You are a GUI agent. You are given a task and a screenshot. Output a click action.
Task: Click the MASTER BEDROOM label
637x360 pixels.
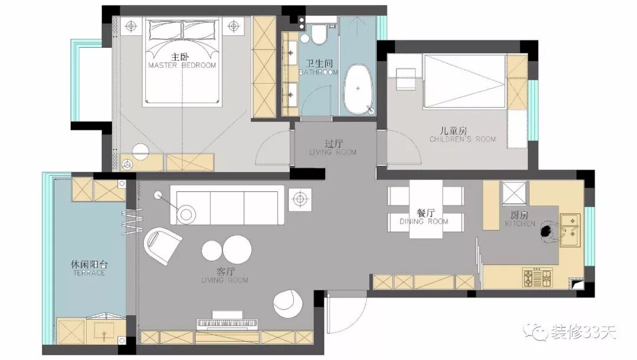(182, 66)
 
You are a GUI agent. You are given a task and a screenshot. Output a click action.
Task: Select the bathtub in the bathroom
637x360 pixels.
(359, 89)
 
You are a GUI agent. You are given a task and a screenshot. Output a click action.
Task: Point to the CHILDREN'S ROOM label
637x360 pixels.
(463, 139)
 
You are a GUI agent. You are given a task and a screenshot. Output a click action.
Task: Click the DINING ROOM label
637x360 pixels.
(424, 221)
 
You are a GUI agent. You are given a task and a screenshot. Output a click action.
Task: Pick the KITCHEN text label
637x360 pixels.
(520, 224)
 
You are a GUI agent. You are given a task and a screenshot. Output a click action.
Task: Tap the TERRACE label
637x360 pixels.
(89, 273)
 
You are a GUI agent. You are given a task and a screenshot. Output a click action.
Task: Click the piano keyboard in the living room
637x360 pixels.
(227, 323)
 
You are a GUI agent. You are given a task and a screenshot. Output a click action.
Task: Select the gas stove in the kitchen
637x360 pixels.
(537, 277)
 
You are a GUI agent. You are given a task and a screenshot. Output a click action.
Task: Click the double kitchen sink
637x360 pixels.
(570, 230)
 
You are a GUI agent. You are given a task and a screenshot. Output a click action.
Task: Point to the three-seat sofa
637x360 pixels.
(227, 205)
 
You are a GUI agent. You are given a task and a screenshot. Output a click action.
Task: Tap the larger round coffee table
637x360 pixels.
(237, 249)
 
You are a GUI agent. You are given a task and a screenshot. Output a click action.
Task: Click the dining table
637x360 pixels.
(425, 208)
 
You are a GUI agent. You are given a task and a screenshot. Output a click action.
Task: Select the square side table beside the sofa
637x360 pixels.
(300, 199)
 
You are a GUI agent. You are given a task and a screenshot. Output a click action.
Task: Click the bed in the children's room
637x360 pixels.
(465, 81)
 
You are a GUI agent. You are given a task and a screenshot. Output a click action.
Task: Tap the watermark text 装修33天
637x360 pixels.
(583, 332)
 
